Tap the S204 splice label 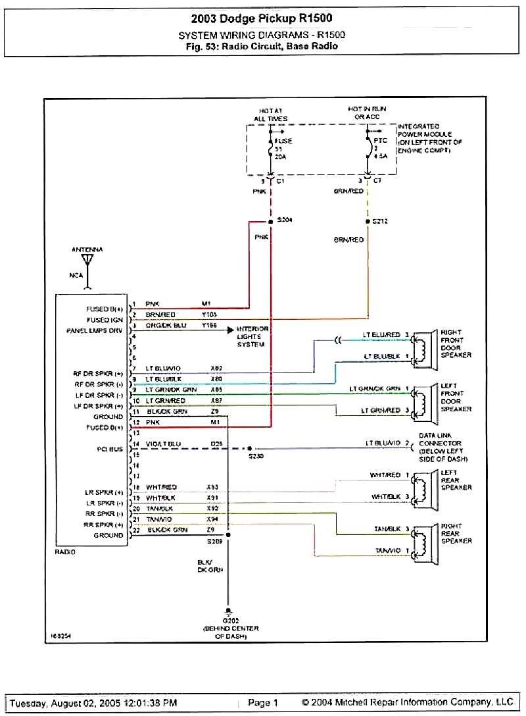coord(285,219)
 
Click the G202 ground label coord(230,621)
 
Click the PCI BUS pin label coord(108,449)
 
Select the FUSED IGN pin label coord(105,319)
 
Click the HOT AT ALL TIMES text coord(270,115)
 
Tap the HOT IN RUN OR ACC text coord(368,111)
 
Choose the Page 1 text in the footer coord(263,703)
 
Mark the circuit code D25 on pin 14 coord(215,444)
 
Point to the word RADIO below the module coord(65,552)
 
